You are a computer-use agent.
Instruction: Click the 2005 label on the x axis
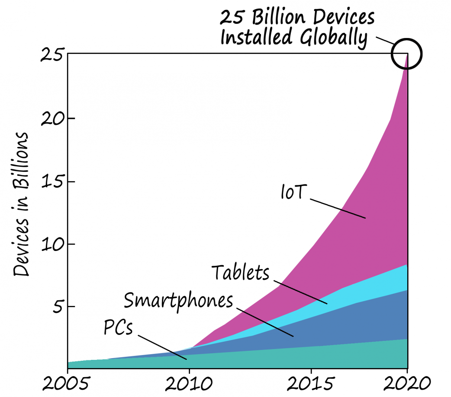pyautogui.click(x=68, y=383)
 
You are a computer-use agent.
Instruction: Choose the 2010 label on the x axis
pyautogui.click(x=189, y=383)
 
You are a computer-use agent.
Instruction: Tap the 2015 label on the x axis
pyautogui.click(x=311, y=383)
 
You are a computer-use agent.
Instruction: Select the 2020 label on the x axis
pyautogui.click(x=407, y=383)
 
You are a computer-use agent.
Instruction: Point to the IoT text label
pyautogui.click(x=293, y=192)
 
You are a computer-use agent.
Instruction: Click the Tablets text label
pyautogui.click(x=241, y=273)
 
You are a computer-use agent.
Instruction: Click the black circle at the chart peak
pyautogui.click(x=406, y=54)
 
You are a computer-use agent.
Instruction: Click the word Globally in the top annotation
pyautogui.click(x=332, y=38)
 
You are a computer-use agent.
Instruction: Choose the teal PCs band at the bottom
pyautogui.click(x=303, y=356)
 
